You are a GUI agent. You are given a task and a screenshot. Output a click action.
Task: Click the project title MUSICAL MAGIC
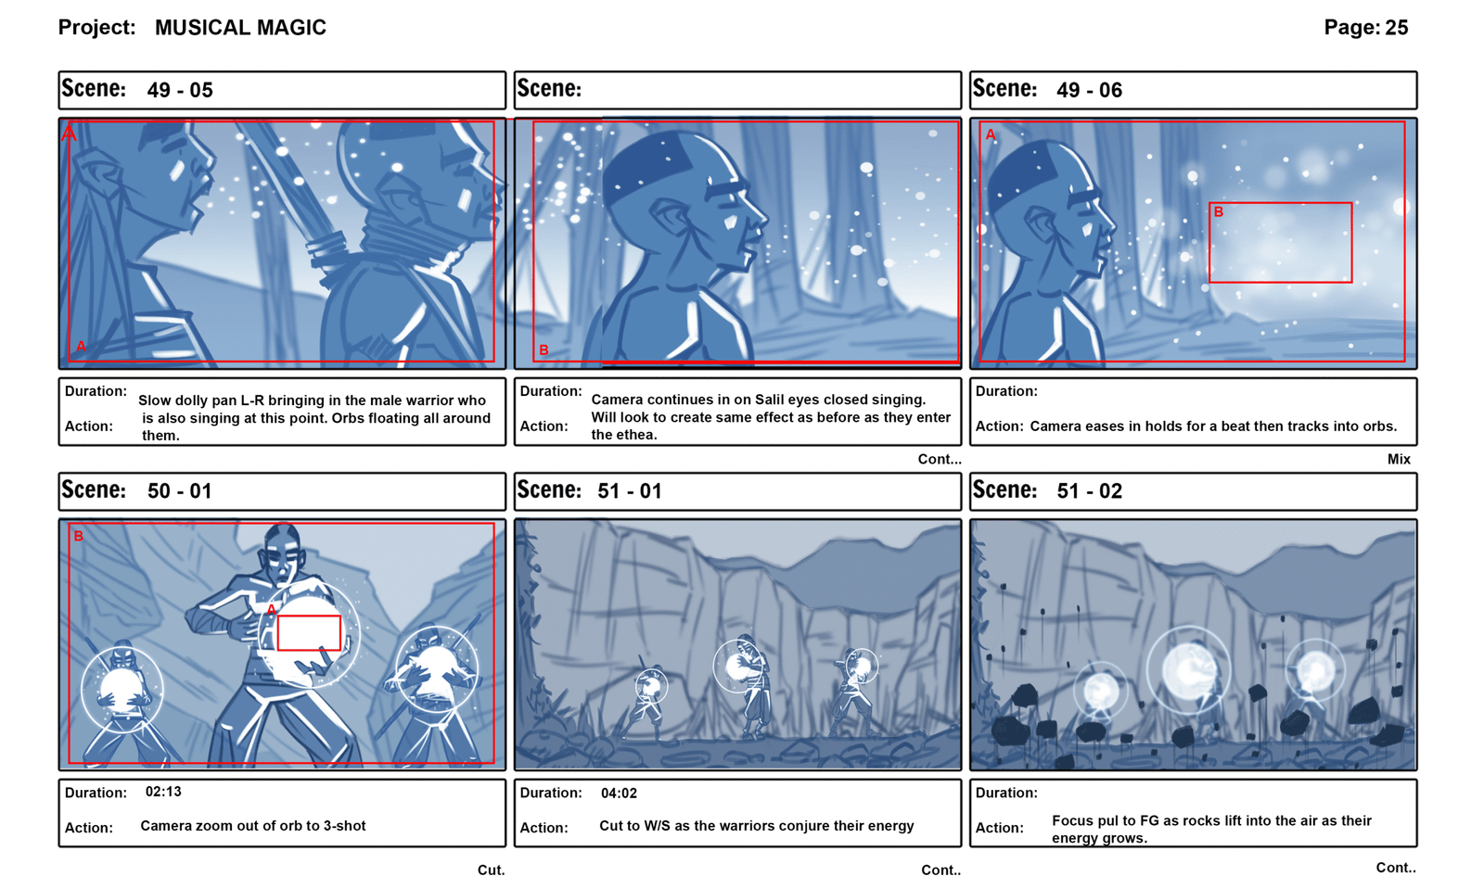pos(240,28)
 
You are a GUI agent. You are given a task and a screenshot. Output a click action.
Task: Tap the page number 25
pos(1396,27)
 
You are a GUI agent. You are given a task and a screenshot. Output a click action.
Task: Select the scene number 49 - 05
pos(180,90)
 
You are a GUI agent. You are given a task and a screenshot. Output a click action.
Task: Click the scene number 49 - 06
pos(1090,90)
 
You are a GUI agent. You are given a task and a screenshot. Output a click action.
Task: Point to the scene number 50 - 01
pos(180,491)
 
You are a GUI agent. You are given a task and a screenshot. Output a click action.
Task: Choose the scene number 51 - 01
pos(630,491)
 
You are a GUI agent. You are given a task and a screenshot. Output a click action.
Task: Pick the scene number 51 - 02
pos(1090,491)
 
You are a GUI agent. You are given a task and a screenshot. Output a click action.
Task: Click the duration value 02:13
pos(163,792)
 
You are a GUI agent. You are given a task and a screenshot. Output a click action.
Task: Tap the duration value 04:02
pos(619,793)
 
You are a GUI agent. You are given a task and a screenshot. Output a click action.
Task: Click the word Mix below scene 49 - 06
pos(1399,460)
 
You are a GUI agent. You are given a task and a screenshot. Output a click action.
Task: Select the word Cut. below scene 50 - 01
pos(491,870)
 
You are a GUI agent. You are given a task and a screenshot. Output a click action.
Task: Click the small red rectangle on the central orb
pos(309,633)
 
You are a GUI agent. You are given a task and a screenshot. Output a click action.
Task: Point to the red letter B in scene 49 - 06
pos(1219,212)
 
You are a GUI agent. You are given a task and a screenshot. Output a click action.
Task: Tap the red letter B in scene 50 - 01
pos(78,536)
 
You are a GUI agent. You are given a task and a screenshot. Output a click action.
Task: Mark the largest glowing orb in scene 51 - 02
pos(1188,669)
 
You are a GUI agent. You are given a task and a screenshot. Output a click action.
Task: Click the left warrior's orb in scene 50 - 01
pos(122,688)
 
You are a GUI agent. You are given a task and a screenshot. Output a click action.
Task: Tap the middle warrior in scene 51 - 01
pos(748,685)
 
